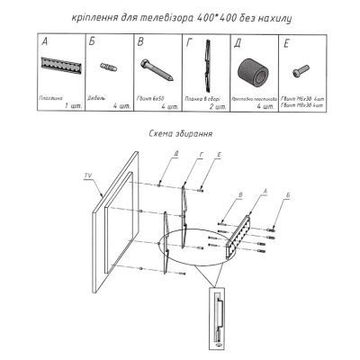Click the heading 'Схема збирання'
pos(178,133)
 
